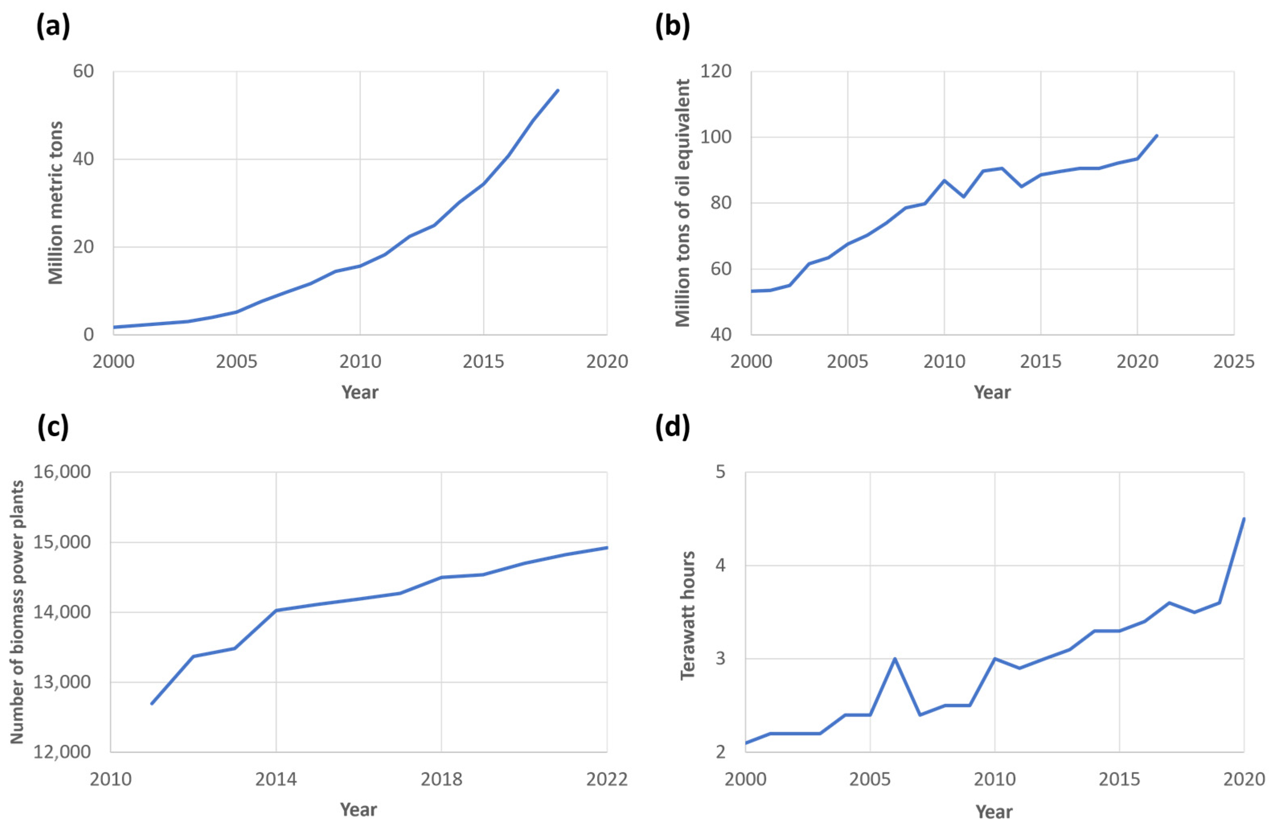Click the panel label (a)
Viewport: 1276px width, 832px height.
click(53, 26)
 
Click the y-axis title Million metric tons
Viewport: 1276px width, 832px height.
click(56, 203)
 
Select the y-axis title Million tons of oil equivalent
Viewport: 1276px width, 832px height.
click(682, 203)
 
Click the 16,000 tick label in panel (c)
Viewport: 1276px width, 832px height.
click(62, 472)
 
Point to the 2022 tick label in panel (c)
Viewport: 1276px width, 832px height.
click(607, 779)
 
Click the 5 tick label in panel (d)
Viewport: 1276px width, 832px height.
click(720, 472)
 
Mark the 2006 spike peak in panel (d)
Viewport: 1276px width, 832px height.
click(894, 658)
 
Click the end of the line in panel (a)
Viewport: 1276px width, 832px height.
click(558, 90)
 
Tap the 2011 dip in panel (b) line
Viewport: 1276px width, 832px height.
click(963, 197)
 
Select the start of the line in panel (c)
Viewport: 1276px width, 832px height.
click(152, 703)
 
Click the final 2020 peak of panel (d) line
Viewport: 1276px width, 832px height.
click(1244, 518)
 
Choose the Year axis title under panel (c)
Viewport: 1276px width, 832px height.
click(358, 809)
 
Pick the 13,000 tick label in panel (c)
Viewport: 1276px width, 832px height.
click(62, 682)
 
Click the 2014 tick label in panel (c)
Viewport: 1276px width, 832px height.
click(276, 779)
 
